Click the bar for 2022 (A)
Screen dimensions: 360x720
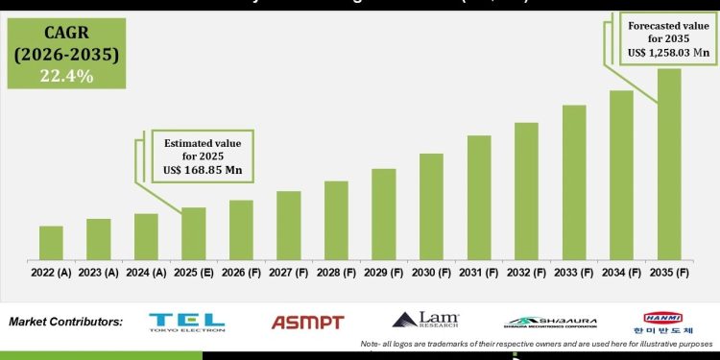pyautogui.click(x=52, y=242)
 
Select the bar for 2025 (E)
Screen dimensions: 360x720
pyautogui.click(x=194, y=233)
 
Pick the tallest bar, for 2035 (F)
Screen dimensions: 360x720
pyautogui.click(x=669, y=163)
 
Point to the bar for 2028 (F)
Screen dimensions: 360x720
pyautogui.click(x=336, y=220)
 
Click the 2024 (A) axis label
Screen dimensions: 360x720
pyautogui.click(x=146, y=272)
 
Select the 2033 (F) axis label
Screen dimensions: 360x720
pyautogui.click(x=574, y=272)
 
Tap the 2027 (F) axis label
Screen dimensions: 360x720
pyautogui.click(x=289, y=272)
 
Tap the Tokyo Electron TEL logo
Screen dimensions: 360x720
pyautogui.click(x=187, y=322)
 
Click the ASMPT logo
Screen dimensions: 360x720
pyautogui.click(x=307, y=323)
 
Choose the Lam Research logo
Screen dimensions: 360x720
pyautogui.click(x=426, y=321)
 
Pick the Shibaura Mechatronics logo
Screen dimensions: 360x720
pyautogui.click(x=550, y=322)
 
